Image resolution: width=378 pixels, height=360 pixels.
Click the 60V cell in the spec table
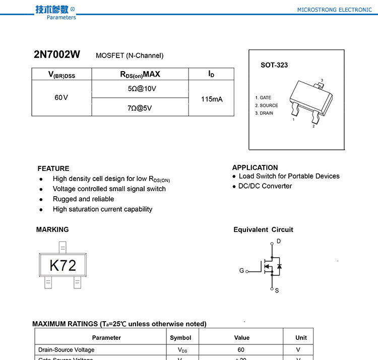point(61,97)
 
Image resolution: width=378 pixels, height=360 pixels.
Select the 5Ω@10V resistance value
point(142,89)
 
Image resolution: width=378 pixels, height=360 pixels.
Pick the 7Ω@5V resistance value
point(140,107)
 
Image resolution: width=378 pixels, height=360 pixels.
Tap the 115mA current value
point(212,99)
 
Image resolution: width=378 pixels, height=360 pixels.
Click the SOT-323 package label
point(274,65)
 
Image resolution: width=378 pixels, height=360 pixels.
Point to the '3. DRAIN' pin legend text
point(264,113)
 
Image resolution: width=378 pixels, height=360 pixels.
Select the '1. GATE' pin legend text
point(263,98)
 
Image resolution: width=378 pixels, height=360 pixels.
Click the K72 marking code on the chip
point(62,265)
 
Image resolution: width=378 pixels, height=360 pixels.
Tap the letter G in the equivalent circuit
point(241,271)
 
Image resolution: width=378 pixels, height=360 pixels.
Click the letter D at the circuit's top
point(279,242)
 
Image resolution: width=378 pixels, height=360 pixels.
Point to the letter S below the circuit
point(277,291)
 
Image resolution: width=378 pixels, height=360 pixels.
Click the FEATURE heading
point(53,168)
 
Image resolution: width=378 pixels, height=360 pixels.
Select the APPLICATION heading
point(255,167)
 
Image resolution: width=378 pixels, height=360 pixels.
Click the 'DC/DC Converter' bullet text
point(265,186)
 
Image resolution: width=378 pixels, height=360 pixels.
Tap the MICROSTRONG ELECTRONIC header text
point(334,10)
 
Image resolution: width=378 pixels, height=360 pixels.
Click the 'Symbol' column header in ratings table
point(180,338)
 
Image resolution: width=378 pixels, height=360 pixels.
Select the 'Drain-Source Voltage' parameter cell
point(67,350)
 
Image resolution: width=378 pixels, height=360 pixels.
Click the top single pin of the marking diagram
point(62,247)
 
